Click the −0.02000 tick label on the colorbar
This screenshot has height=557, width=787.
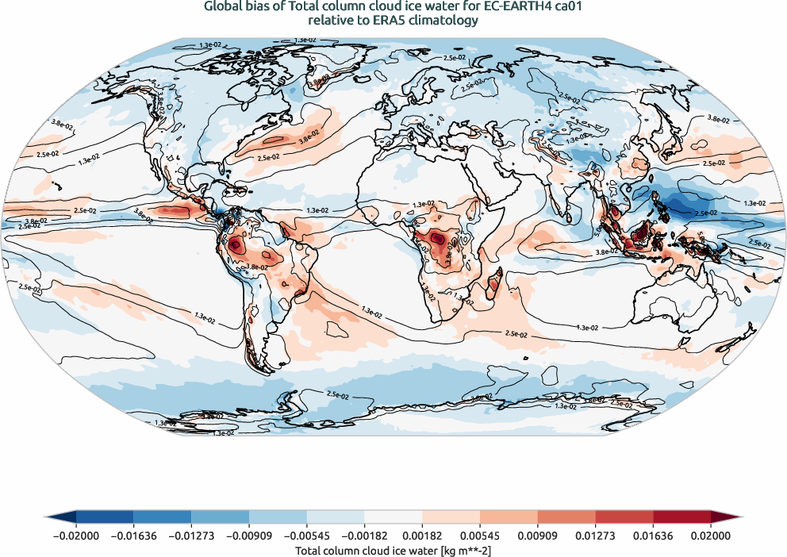click(76, 536)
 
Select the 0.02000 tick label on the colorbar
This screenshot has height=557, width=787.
click(710, 536)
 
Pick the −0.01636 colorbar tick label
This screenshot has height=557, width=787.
click(134, 536)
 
